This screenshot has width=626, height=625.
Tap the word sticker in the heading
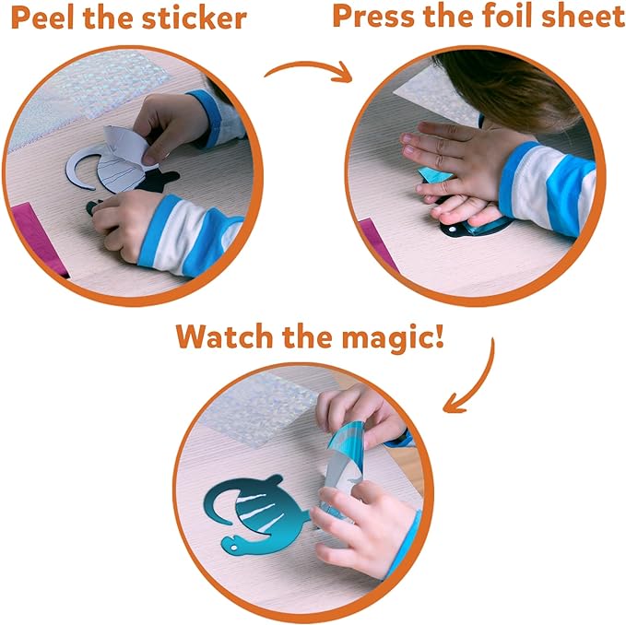pyautogui.click(x=194, y=18)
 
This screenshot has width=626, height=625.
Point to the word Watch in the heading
pyautogui.click(x=224, y=337)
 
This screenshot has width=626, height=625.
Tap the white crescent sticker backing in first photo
pyautogui.click(x=81, y=169)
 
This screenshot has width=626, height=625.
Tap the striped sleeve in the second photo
pyautogui.click(x=547, y=187)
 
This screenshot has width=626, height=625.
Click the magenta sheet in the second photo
pyautogui.click(x=377, y=243)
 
